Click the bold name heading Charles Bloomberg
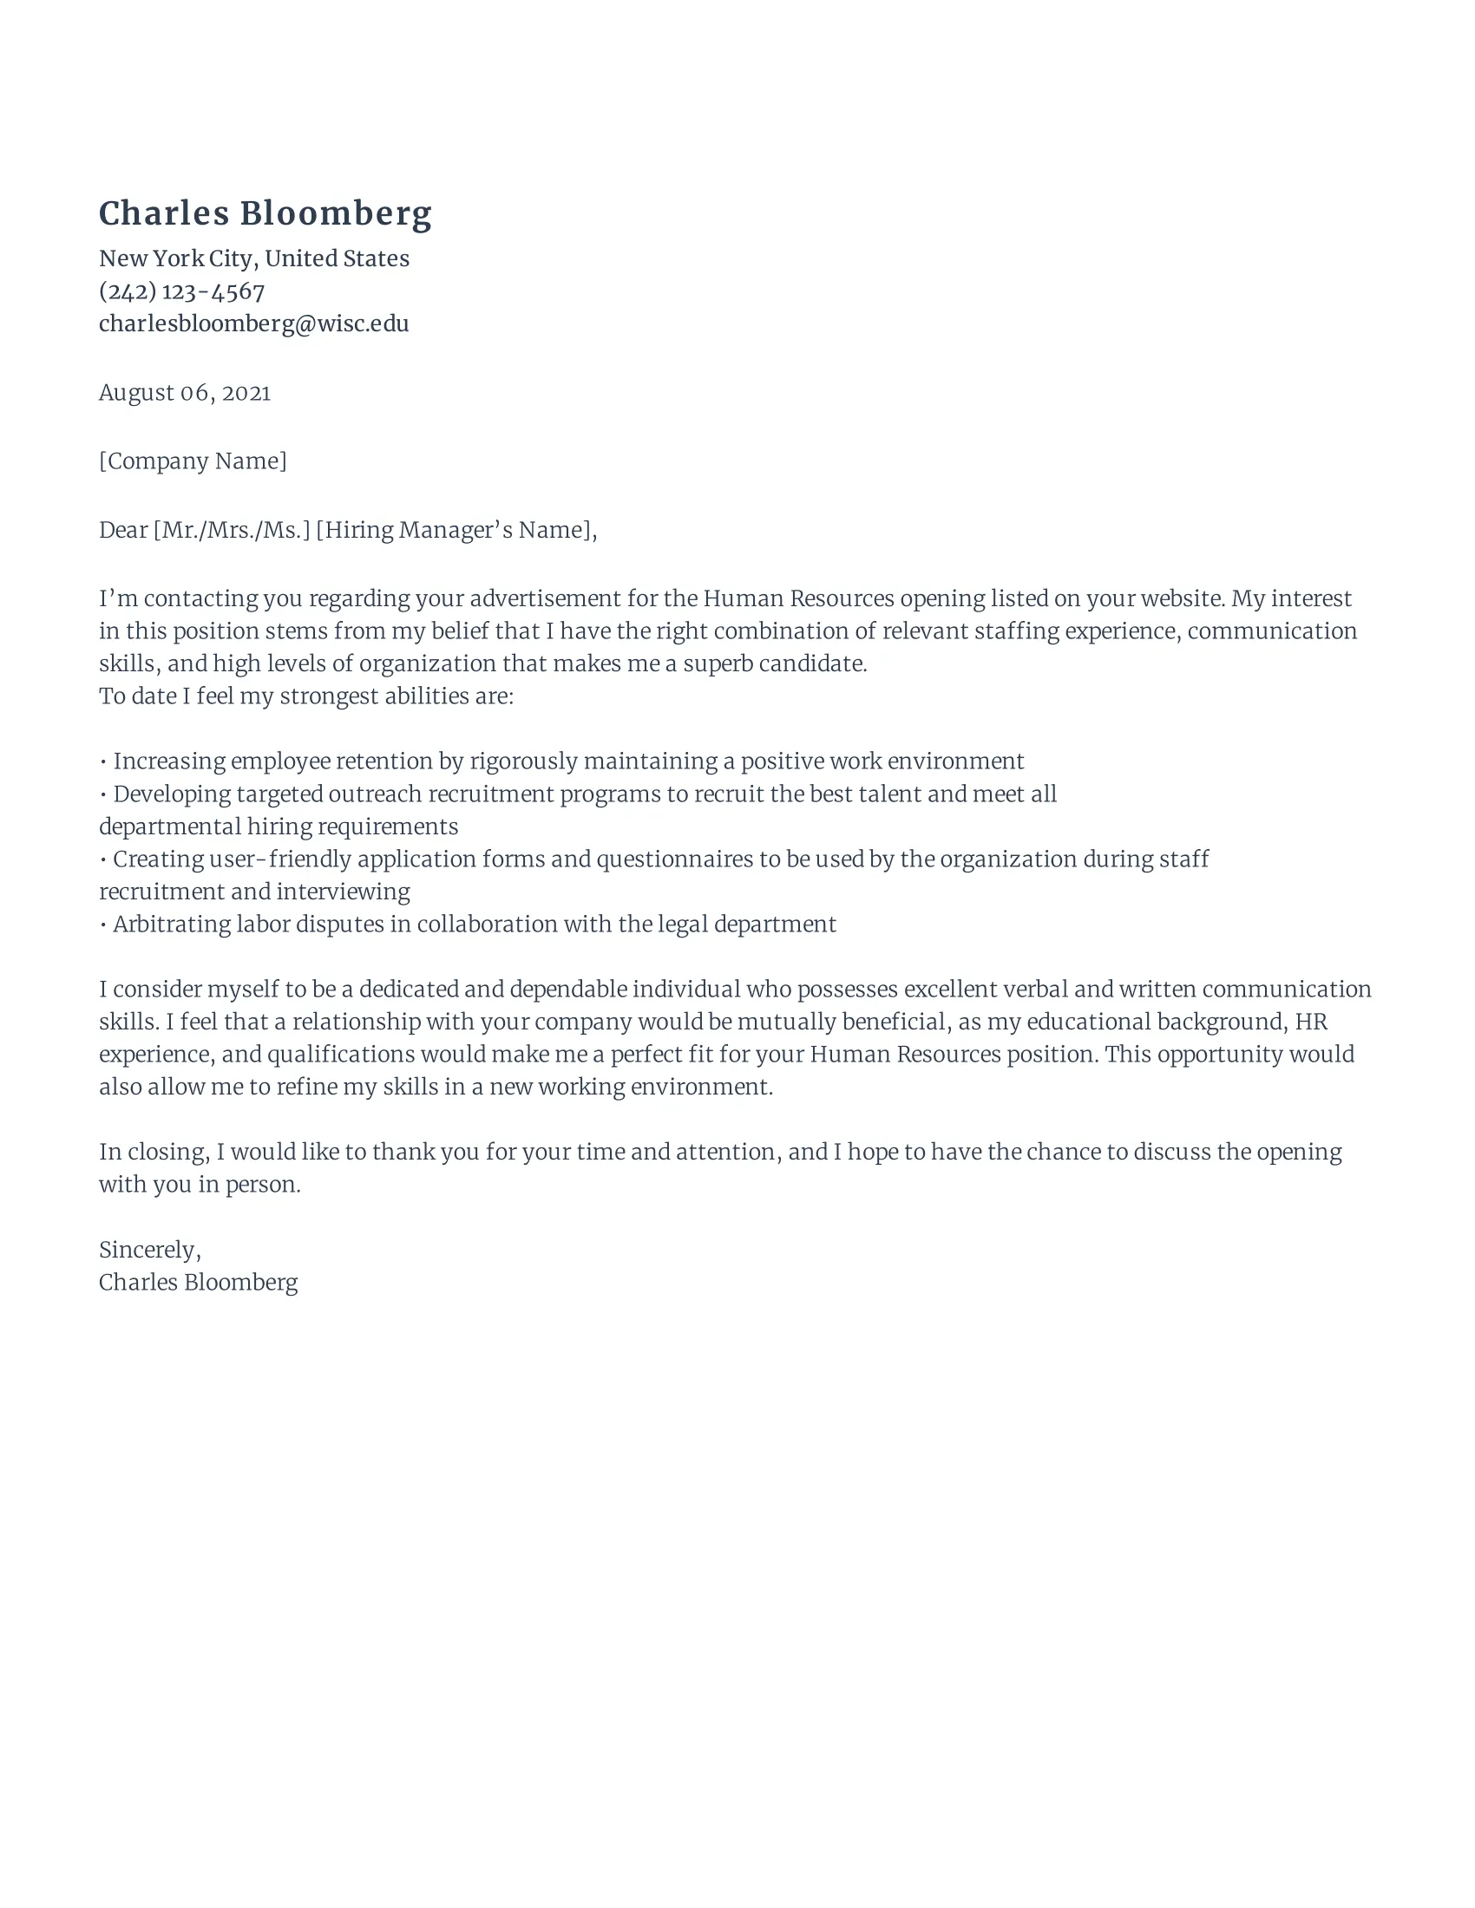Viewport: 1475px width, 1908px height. click(x=265, y=214)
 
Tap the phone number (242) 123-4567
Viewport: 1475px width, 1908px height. click(x=181, y=291)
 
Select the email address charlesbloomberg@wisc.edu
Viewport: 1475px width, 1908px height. click(x=253, y=324)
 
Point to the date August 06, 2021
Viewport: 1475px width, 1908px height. click(x=184, y=393)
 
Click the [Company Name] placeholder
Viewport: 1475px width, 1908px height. click(x=193, y=461)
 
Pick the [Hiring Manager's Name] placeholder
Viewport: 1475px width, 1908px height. click(x=456, y=530)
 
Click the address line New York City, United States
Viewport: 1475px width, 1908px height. click(x=253, y=258)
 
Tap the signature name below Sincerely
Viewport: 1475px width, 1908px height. click(x=198, y=1283)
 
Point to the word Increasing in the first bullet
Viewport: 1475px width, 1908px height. click(x=168, y=761)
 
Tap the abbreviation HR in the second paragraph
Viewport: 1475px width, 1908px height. click(x=1311, y=1023)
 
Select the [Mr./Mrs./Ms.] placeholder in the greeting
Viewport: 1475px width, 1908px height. click(x=232, y=530)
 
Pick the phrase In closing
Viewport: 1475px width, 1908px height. click(x=154, y=1153)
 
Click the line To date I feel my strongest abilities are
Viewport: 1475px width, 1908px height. click(x=305, y=696)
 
